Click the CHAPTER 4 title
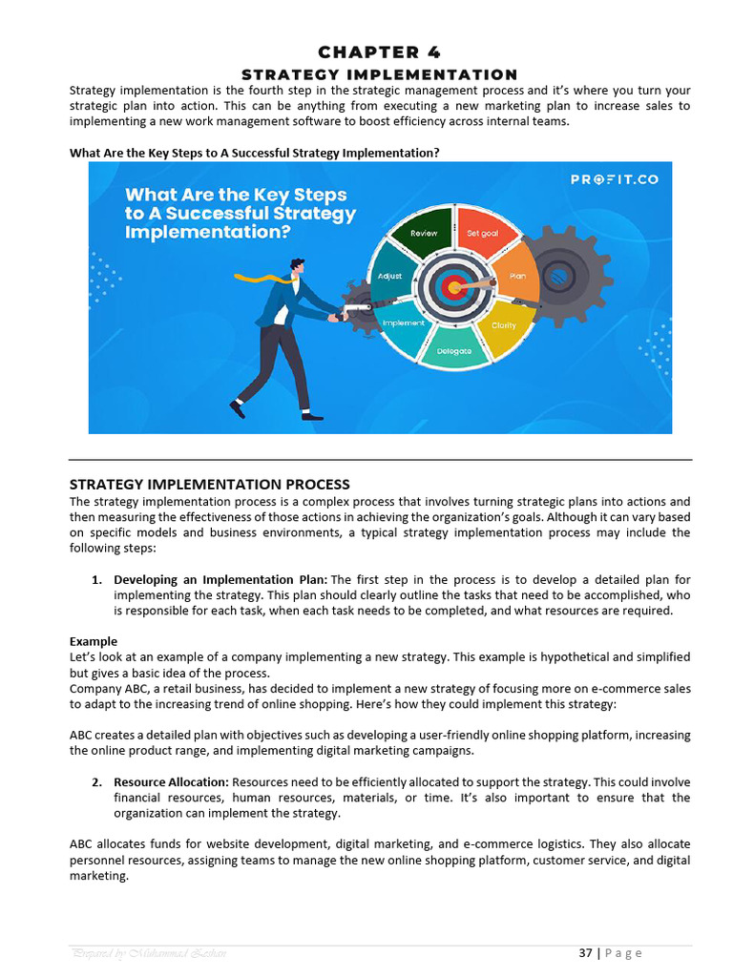[380, 52]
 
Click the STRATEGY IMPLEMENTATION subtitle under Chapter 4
[380, 74]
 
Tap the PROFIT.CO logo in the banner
[615, 178]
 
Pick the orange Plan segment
[516, 275]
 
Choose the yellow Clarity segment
[503, 324]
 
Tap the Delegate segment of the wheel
[454, 349]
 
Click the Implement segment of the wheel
[404, 322]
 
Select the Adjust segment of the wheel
[390, 276]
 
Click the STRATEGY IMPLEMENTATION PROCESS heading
[210, 485]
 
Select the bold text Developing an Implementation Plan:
[220, 580]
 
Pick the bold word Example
[94, 641]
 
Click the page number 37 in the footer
[585, 952]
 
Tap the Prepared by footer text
[148, 953]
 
